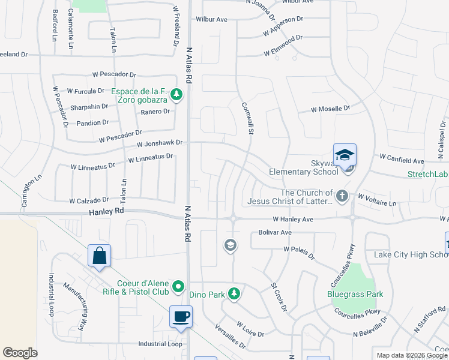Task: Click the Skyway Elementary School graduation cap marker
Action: point(345,155)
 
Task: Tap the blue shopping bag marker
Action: point(99,256)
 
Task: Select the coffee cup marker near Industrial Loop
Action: point(181,316)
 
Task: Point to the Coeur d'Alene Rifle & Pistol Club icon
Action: point(178,288)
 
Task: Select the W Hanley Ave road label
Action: point(292,220)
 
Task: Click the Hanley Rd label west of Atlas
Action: point(106,211)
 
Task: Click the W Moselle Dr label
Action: point(330,109)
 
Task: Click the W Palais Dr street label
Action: point(299,252)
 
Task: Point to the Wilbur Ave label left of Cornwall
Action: point(211,19)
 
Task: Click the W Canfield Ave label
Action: point(402,161)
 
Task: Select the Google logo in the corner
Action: point(20,353)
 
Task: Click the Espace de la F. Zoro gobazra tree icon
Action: point(176,94)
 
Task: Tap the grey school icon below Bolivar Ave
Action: point(230,245)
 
